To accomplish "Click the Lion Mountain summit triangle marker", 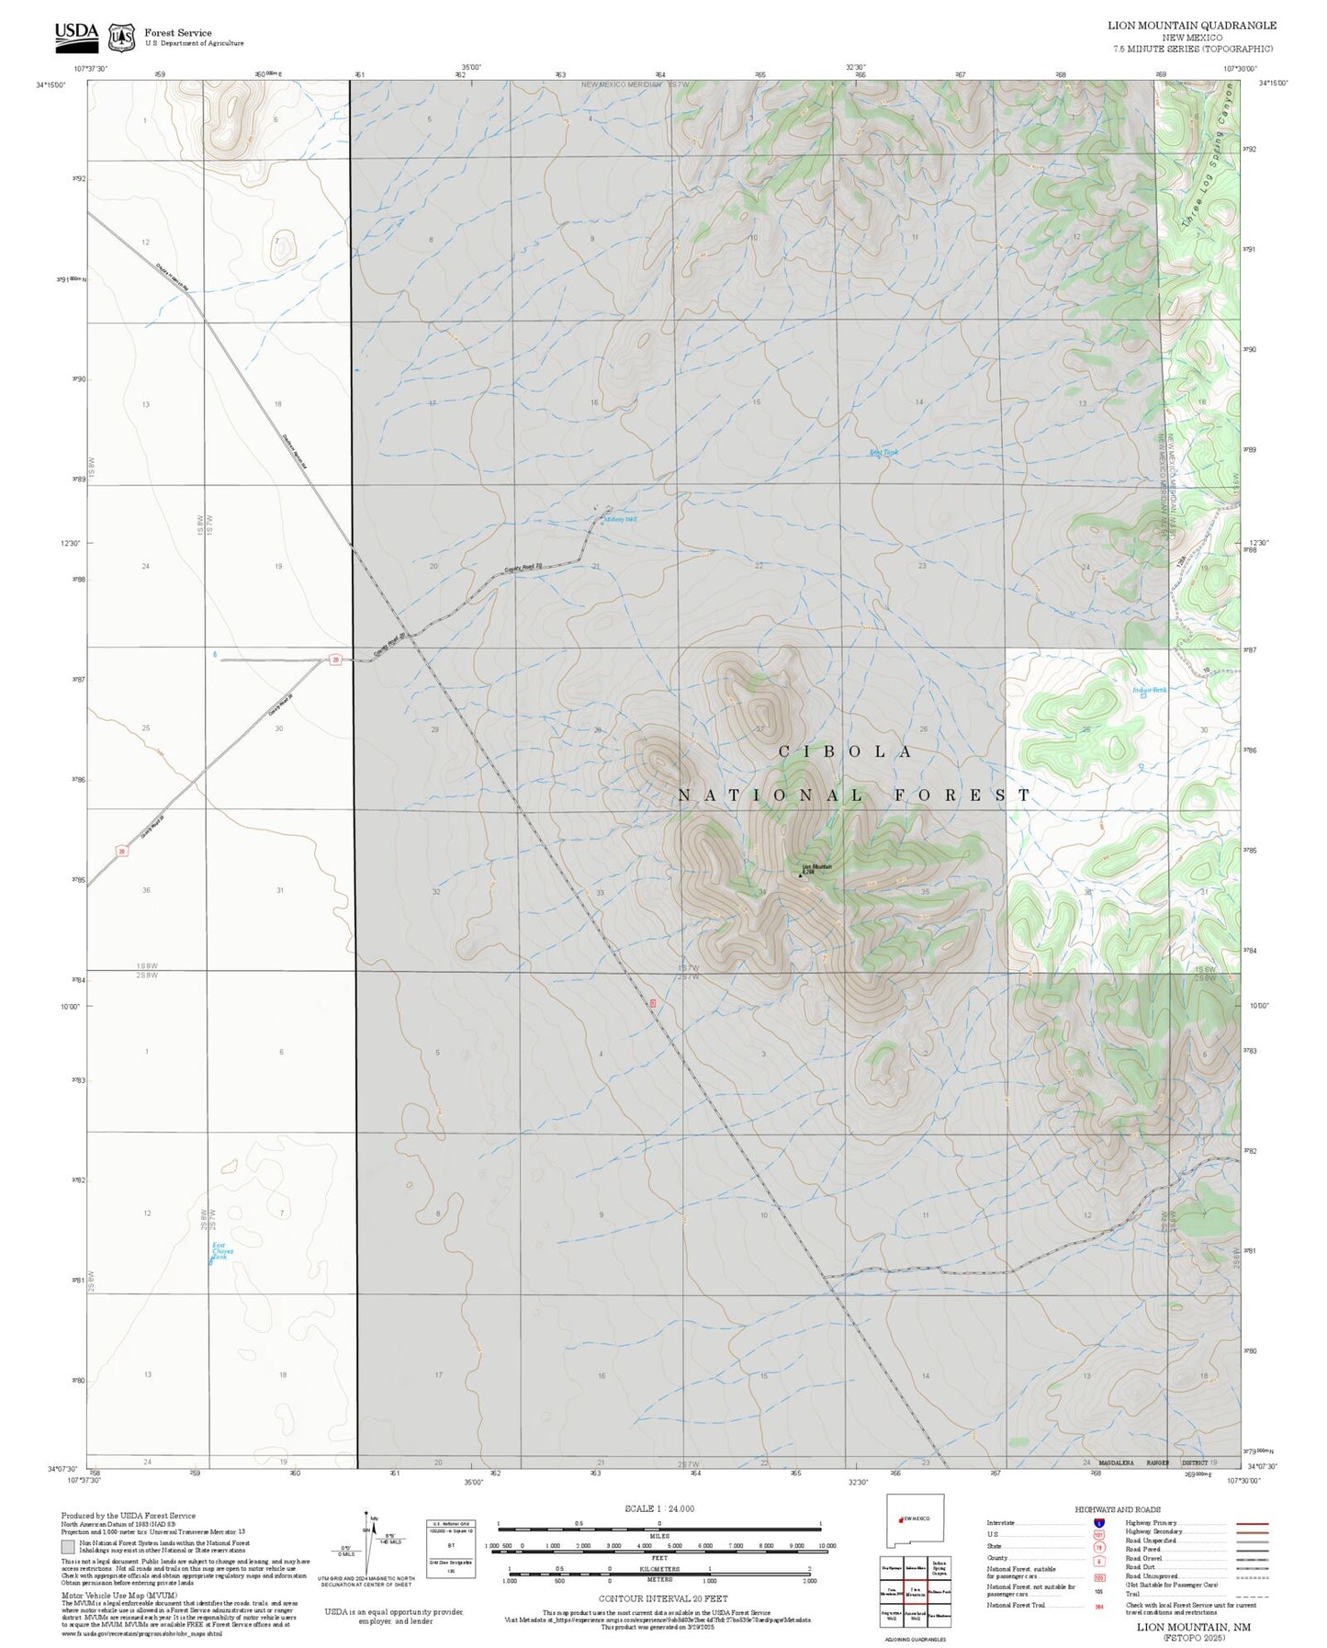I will point(800,875).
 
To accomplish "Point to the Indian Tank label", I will point(1148,690).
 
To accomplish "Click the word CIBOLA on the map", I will point(846,751).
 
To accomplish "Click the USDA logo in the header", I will point(76,35).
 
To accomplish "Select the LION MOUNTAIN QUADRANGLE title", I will point(1191,25).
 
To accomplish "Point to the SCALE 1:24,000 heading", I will point(659,1508).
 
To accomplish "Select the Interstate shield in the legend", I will point(1099,1523).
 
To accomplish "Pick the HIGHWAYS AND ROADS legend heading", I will point(1118,1509).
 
